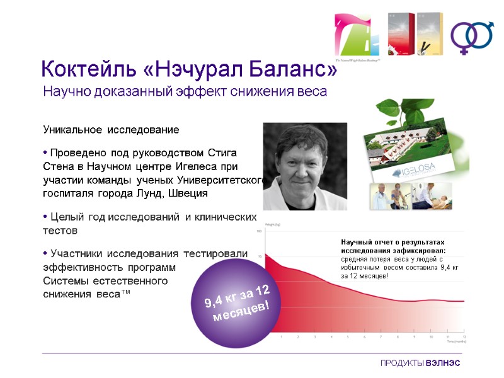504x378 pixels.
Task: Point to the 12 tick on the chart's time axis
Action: pyautogui.click(x=464, y=336)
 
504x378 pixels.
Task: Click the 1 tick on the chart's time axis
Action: pyautogui.click(x=281, y=336)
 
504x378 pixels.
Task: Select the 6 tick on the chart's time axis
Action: pyautogui.click(x=364, y=336)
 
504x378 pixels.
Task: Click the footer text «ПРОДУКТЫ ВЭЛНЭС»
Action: pyautogui.click(x=420, y=364)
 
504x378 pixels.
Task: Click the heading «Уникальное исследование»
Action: pyautogui.click(x=111, y=130)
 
